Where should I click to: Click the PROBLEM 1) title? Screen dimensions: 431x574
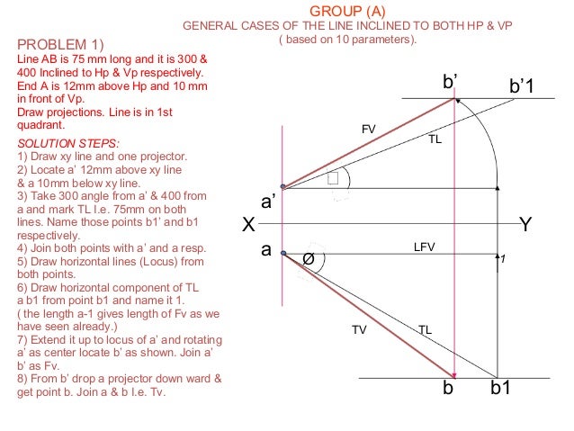61,45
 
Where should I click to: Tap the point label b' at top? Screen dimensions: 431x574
452,83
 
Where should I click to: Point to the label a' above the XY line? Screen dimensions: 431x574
267,202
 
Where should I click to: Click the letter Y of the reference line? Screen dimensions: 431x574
527,225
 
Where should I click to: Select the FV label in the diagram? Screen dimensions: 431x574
368,130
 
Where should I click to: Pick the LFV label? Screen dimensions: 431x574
424,246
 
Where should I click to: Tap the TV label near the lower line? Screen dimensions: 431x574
359,330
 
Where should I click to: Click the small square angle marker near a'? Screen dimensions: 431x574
336,178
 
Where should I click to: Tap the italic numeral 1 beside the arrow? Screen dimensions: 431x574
503,259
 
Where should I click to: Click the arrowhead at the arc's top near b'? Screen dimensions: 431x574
459,101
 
